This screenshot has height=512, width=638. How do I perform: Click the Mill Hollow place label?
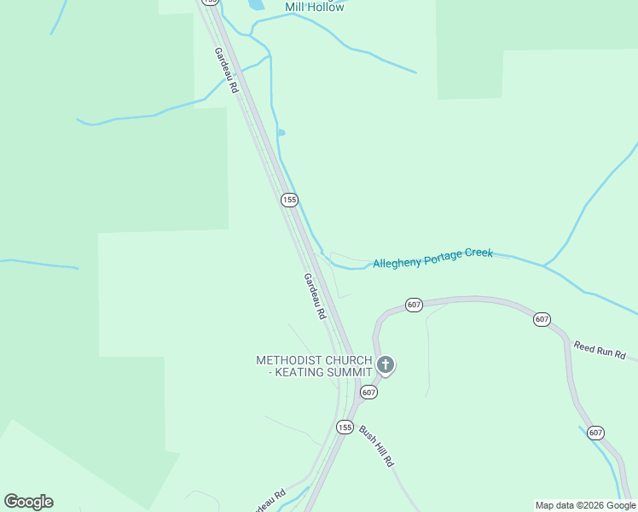point(315,8)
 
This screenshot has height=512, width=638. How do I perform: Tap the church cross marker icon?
point(386,366)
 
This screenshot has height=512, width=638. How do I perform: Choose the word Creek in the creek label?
point(478,254)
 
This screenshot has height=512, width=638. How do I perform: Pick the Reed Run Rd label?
point(600,350)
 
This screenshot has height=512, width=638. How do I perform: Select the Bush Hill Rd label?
point(375,445)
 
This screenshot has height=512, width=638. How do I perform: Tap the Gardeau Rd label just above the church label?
point(315,296)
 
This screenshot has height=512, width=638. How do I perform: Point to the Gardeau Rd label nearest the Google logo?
point(269,501)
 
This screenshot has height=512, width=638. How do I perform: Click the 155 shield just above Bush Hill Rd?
point(345,427)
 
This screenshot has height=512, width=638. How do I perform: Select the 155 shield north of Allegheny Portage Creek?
point(289,200)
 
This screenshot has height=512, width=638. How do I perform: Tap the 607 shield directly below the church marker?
point(368,392)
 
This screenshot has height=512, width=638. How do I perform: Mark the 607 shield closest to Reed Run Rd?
point(542,319)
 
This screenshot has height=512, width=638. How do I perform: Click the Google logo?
point(28,502)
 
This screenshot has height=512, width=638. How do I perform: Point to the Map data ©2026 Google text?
point(585,505)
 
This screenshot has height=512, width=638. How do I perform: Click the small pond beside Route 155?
point(281,132)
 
